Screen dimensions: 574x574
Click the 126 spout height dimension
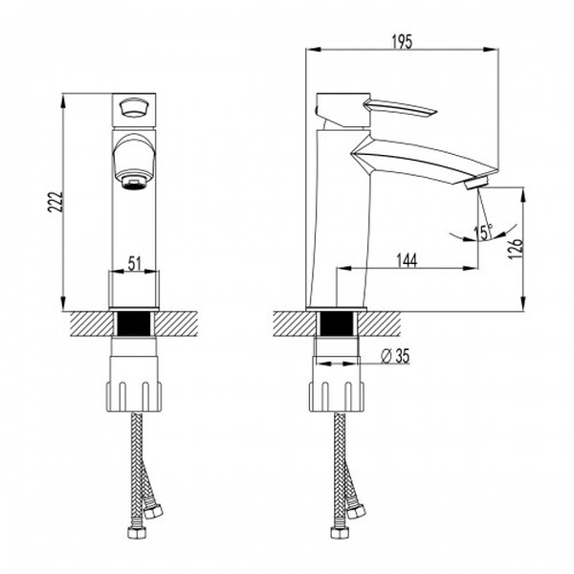(x=515, y=249)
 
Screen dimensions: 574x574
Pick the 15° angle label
(x=482, y=231)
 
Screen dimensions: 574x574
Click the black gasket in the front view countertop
(x=135, y=322)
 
